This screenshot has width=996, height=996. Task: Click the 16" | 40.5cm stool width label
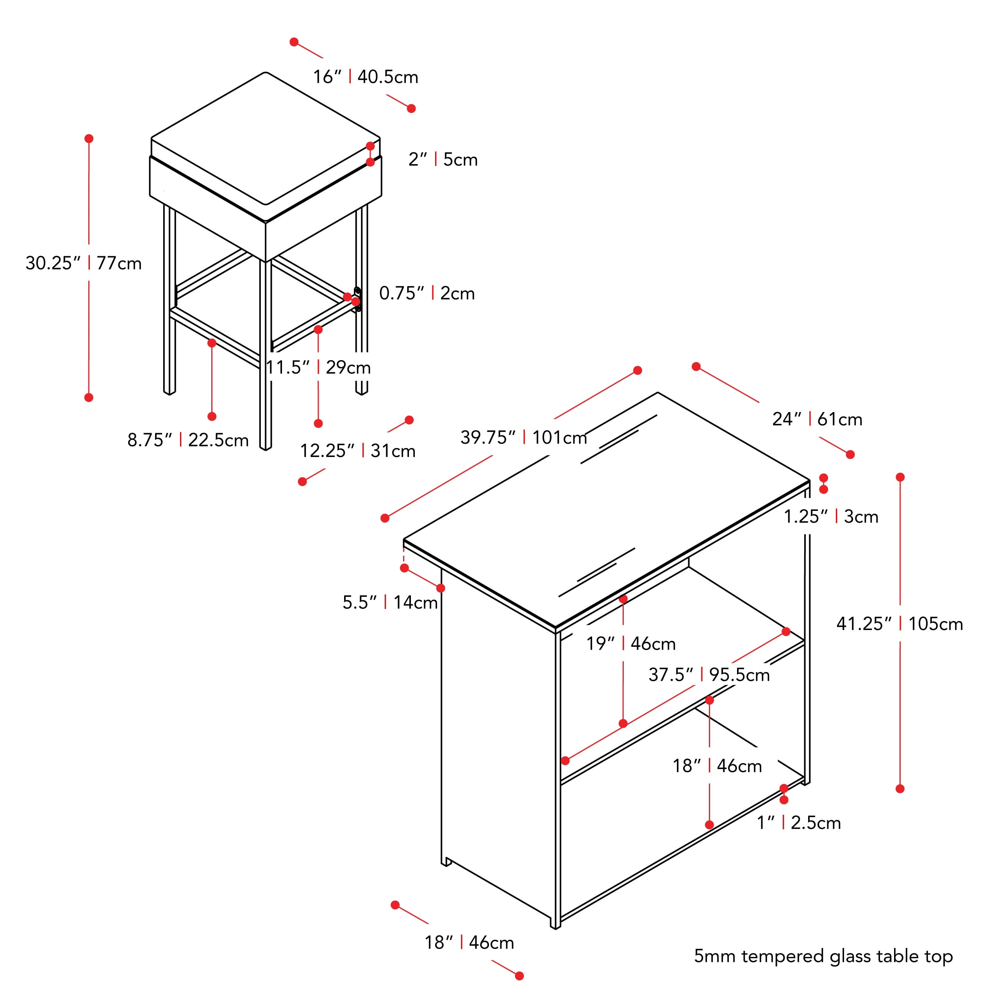[366, 77]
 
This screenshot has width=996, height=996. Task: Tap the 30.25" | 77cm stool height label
[84, 263]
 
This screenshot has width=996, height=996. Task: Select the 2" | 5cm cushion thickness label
[443, 159]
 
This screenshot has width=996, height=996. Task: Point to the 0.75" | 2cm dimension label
[427, 293]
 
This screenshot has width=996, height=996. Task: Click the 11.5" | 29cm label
[318, 367]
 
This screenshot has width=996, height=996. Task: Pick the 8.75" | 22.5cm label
[188, 440]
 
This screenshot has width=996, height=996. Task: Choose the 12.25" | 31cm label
[358, 451]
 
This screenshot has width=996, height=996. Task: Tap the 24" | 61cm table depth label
[817, 419]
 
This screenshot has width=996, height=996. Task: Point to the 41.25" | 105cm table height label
[900, 624]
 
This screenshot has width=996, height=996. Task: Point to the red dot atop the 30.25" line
[89, 139]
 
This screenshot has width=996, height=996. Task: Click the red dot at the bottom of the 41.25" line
[900, 789]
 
